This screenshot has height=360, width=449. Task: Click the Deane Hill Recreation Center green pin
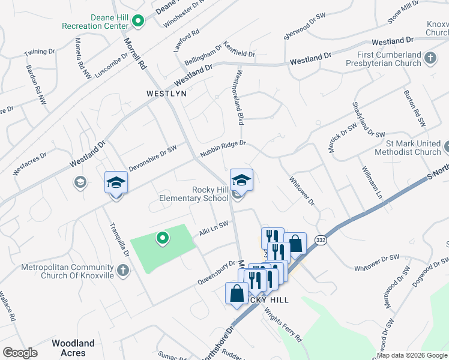tap(138, 22)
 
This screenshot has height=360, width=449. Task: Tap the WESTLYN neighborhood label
tap(167, 94)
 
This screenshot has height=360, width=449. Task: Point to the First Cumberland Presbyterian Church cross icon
tap(430, 58)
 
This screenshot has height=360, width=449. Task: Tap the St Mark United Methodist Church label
tap(413, 148)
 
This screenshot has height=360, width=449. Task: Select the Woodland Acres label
tap(73, 347)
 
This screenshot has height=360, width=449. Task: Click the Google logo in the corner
tap(20, 353)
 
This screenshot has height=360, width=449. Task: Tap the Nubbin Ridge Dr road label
tap(223, 148)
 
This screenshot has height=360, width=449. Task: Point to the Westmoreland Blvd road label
tap(238, 98)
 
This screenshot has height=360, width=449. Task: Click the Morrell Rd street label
tap(135, 52)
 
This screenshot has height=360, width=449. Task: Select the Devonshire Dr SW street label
tap(153, 158)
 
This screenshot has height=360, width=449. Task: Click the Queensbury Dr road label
tap(216, 272)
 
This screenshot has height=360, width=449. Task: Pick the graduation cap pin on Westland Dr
tap(116, 184)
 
